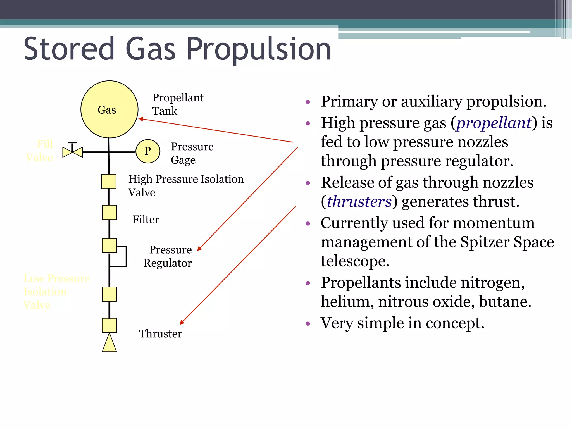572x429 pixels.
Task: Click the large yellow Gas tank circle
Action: click(109, 109)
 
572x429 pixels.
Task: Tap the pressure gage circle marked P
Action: click(148, 151)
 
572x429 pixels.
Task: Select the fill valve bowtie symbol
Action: click(73, 152)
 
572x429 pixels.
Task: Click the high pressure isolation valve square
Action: click(109, 182)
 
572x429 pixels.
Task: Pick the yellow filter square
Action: click(109, 213)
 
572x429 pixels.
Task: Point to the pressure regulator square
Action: click(109, 246)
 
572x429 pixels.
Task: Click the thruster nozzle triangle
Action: click(109, 343)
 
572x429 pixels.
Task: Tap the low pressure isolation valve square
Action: click(109, 294)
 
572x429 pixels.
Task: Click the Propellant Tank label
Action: click(178, 104)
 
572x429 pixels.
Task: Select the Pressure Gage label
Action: click(192, 153)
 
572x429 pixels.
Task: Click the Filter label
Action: click(146, 220)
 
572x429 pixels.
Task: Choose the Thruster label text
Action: click(160, 334)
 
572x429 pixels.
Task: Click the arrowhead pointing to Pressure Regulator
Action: click(199, 249)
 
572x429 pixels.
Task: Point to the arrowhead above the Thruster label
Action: click(182, 322)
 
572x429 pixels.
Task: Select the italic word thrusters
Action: click(359, 202)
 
